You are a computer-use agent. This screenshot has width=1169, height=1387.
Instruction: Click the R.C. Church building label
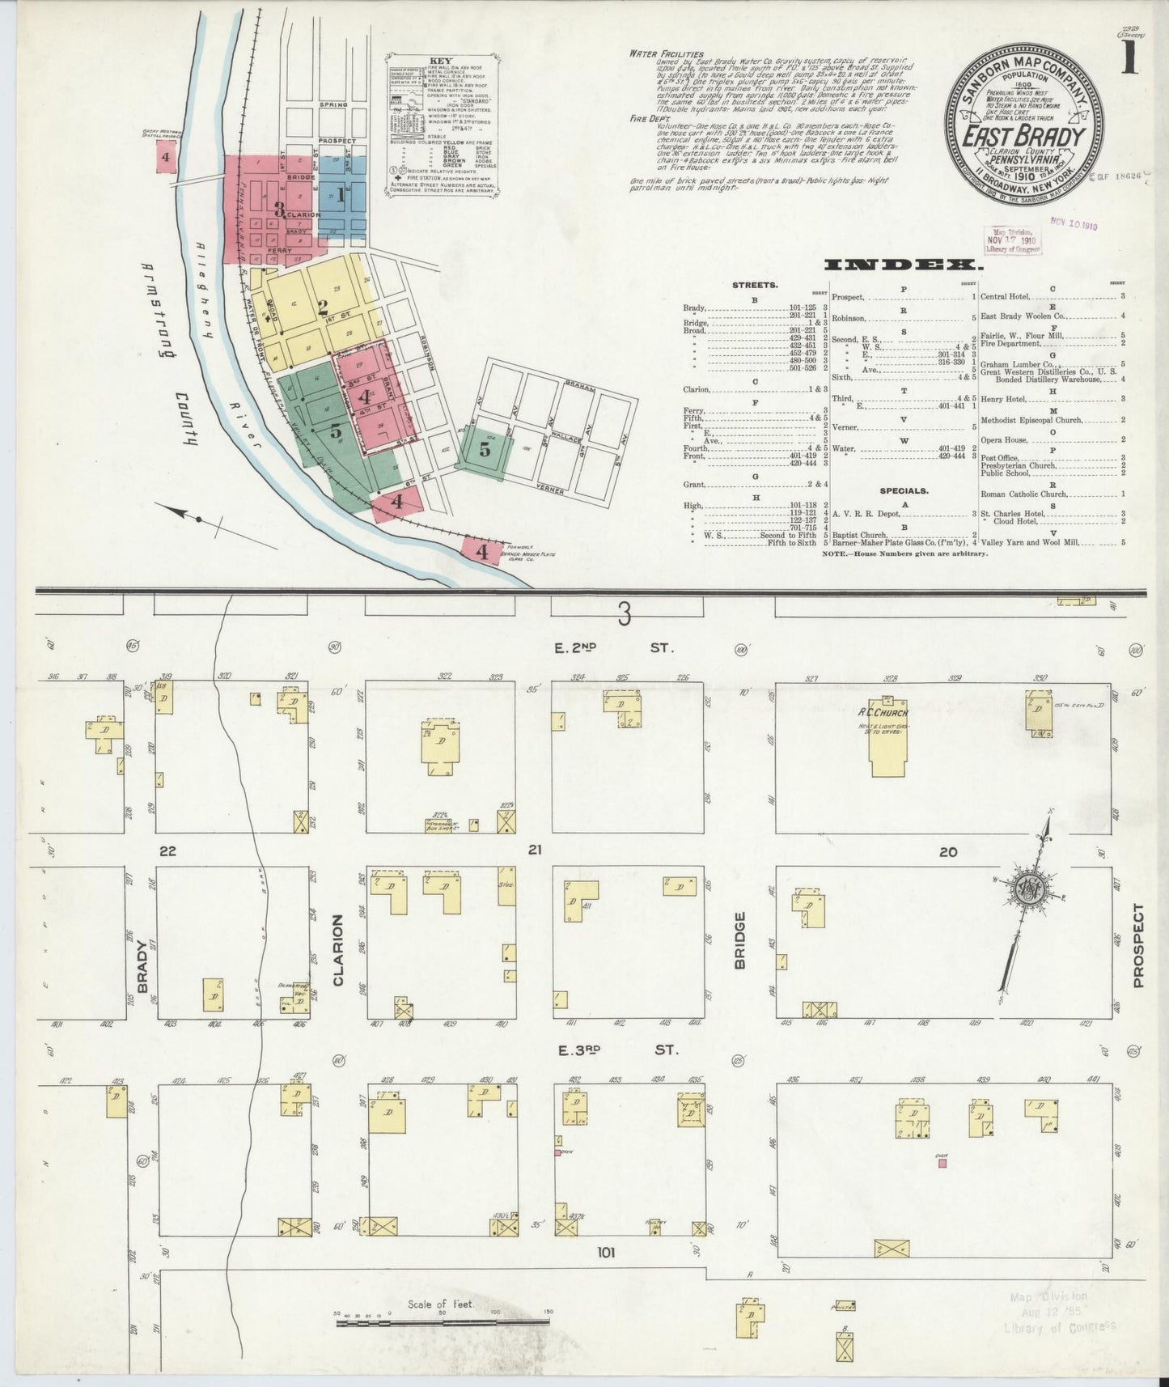tap(884, 713)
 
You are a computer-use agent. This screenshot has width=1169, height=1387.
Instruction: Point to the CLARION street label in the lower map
tap(338, 951)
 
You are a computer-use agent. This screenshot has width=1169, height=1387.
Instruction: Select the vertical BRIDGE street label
tap(739, 940)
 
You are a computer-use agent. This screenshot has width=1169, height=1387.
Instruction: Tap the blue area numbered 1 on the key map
tap(341, 194)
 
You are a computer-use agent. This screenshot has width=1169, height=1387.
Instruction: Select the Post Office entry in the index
tap(1000, 458)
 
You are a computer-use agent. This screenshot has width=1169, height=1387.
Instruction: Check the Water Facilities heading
tap(666, 53)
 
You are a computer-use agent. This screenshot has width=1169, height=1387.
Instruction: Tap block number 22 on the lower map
tap(167, 850)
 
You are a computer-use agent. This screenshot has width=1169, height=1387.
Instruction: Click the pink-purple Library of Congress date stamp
tap(1011, 240)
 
